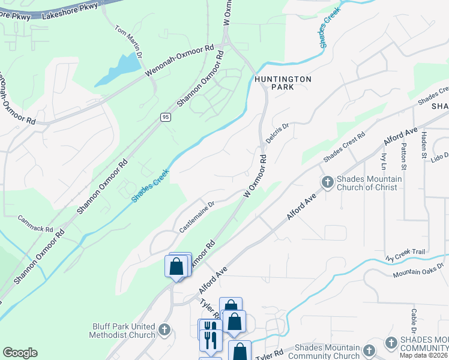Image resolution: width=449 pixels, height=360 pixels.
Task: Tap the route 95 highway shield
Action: [x=166, y=117]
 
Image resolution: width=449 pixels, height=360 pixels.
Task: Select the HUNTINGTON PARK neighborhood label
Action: [x=283, y=83]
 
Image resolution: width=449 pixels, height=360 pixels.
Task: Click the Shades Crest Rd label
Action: [x=344, y=147]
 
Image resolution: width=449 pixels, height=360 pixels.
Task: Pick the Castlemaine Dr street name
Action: [x=197, y=217]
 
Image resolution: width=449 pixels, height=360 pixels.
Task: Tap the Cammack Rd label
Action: [x=35, y=224]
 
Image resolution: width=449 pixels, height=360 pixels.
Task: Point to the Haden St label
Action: [x=424, y=143]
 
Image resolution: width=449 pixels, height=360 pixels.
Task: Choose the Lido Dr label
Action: [x=439, y=156]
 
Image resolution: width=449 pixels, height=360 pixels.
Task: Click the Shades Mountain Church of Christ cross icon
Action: [x=328, y=182]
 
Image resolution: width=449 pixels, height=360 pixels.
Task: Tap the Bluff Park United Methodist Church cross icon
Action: [x=164, y=329]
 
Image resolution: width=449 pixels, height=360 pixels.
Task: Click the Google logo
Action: [x=20, y=353]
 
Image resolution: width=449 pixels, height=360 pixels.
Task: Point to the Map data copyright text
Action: [x=423, y=355]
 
